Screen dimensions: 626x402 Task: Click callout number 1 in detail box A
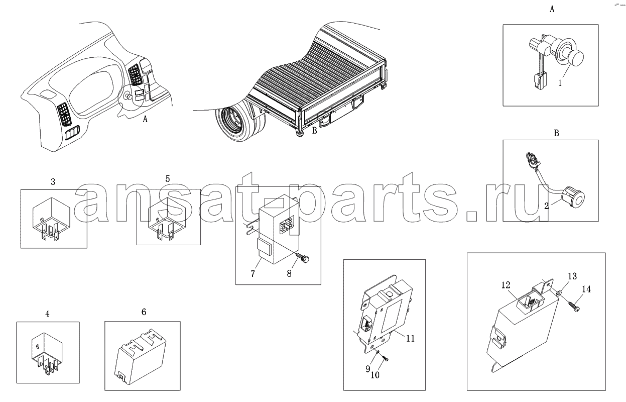pyautogui.click(x=560, y=83)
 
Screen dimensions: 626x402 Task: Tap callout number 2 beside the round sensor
pyautogui.click(x=547, y=206)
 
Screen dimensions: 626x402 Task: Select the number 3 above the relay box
pyautogui.click(x=53, y=182)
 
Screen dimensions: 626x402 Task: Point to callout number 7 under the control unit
pyautogui.click(x=253, y=273)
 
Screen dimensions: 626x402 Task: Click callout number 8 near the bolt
pyautogui.click(x=289, y=273)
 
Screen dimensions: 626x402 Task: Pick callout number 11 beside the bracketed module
pyautogui.click(x=410, y=339)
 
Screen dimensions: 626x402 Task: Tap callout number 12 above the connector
pyautogui.click(x=506, y=285)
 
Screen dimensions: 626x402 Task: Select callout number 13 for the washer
pyautogui.click(x=572, y=276)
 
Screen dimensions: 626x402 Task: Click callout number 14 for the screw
pyautogui.click(x=586, y=289)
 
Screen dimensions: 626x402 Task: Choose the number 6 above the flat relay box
pyautogui.click(x=144, y=312)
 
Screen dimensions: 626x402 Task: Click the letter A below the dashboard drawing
pyautogui.click(x=145, y=120)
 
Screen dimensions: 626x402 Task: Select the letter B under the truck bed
pyautogui.click(x=315, y=131)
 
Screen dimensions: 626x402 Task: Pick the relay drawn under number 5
pyautogui.click(x=167, y=219)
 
